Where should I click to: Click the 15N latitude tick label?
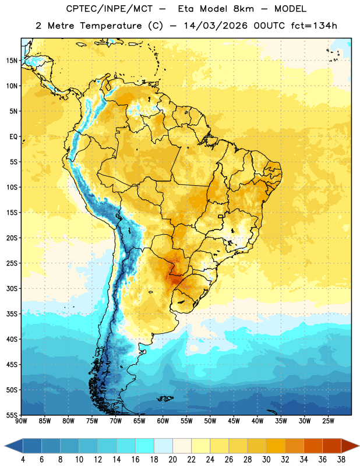[x=12, y=61]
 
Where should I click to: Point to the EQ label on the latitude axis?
[x=13, y=137]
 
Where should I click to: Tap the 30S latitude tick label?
[x=12, y=288]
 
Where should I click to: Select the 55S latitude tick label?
[x=12, y=415]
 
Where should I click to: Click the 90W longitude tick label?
[x=21, y=421]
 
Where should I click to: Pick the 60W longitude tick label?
[x=163, y=421]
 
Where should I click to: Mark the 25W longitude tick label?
[x=328, y=421]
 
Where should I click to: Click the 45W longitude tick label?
[x=234, y=421]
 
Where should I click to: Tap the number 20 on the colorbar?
[x=172, y=460]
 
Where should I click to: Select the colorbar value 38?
[x=341, y=460]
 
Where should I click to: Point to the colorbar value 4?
[x=23, y=460]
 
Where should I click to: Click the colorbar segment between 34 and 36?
[x=313, y=446]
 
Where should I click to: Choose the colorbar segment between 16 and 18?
[x=145, y=446]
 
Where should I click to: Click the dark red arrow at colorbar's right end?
[x=350, y=446]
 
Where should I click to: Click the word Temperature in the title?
[x=111, y=26]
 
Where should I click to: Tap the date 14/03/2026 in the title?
[x=216, y=26]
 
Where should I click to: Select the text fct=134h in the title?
[x=314, y=26]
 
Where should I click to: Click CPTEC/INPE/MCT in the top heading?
[x=110, y=9]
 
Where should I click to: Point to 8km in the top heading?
[x=243, y=9]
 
